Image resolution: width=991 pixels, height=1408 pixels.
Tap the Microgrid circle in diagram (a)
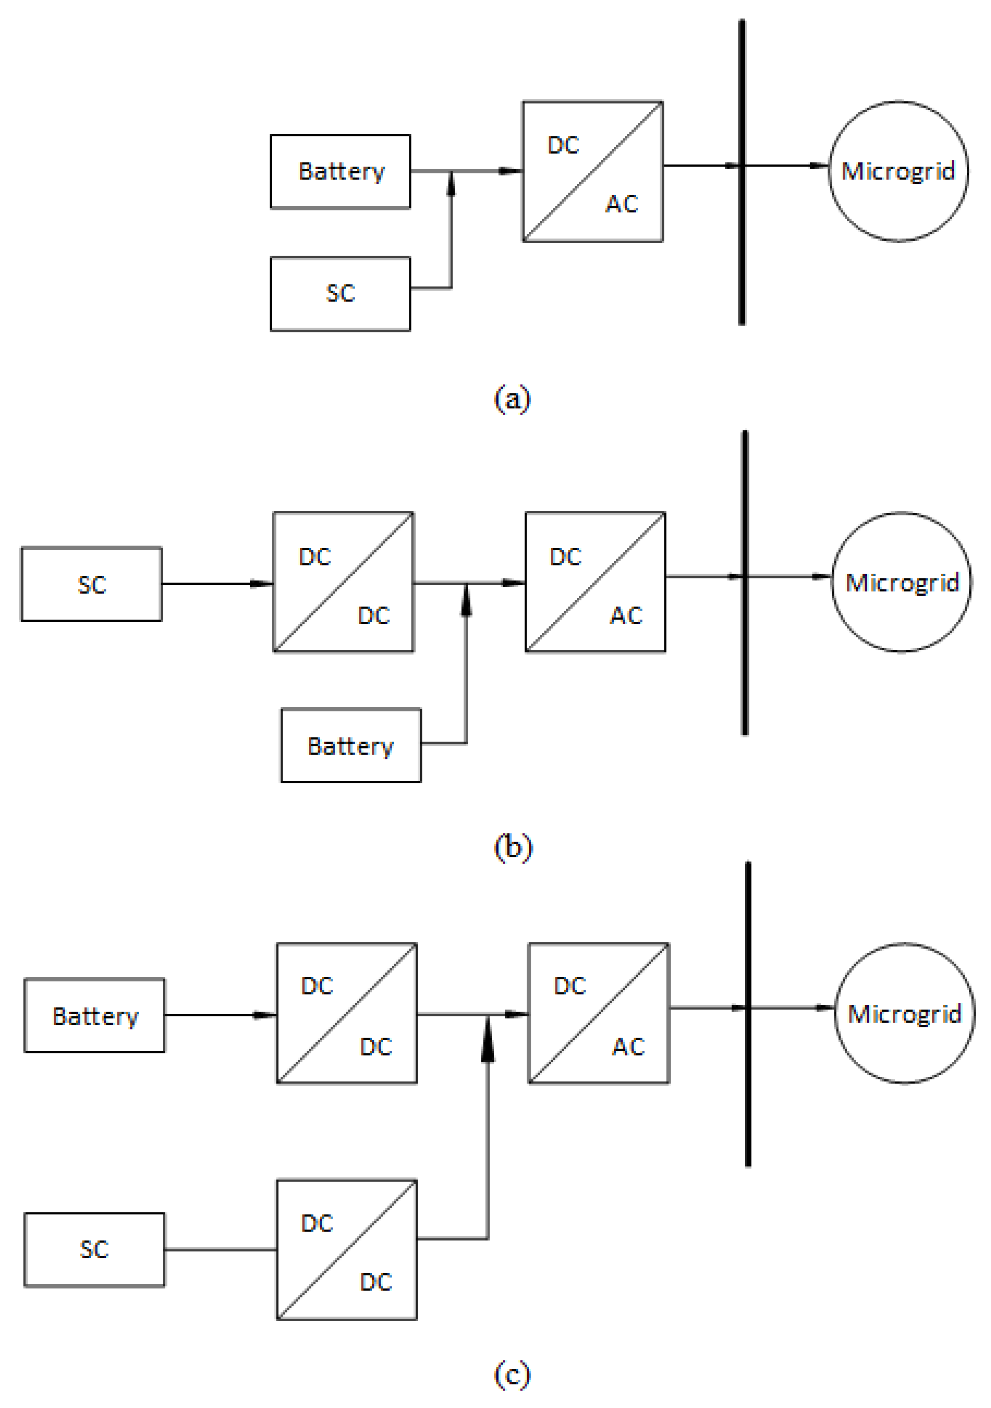pos(898,171)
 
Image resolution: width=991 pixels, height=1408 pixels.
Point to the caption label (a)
pos(512,398)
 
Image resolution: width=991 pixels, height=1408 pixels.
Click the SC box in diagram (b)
pos(91,584)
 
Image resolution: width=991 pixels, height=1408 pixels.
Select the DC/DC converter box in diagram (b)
pos(343,581)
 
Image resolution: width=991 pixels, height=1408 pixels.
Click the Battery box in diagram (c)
pos(94,1015)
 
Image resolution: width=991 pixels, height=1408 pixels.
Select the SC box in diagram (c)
pos(94,1249)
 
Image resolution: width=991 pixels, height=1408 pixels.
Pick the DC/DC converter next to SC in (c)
pos(347,1249)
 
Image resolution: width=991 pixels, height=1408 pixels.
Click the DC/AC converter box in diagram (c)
pos(598,1013)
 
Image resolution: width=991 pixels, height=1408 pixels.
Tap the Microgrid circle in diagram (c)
pos(905,1013)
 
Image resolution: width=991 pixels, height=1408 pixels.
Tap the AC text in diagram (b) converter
pos(626,615)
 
